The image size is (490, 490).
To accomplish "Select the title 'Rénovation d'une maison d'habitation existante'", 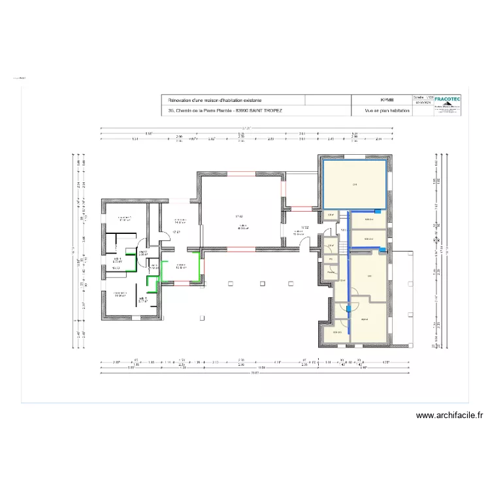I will pos(215,100).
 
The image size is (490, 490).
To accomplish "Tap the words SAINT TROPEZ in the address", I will pos(267,111).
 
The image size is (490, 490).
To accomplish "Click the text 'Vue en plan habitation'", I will pos(387,112).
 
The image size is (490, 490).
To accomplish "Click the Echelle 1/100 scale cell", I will pos(423,95).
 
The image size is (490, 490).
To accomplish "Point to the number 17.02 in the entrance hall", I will pos(304,228).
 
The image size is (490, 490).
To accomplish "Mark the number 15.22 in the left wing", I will pos(116,268).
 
